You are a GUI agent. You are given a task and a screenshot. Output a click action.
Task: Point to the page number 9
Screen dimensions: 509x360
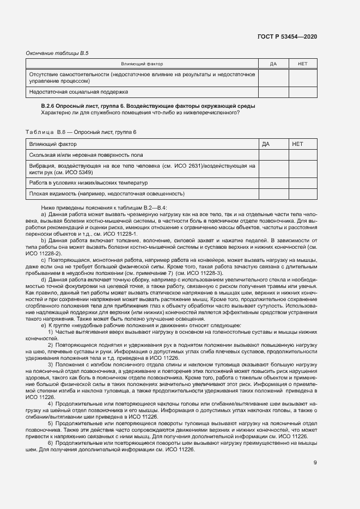pos(315,463)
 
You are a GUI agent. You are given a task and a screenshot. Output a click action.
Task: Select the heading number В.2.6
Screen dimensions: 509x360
pos(50,106)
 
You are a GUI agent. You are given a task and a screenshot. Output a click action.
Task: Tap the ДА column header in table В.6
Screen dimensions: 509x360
pos(266,144)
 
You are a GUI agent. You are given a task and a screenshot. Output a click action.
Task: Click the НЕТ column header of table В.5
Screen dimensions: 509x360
pos(303,64)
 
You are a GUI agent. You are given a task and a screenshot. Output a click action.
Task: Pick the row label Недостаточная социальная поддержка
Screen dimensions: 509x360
pos(78,92)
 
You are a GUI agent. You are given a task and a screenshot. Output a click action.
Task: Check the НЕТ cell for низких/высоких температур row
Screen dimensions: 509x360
pos(303,182)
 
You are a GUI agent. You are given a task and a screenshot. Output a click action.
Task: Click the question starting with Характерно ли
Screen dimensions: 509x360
pos(140,113)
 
